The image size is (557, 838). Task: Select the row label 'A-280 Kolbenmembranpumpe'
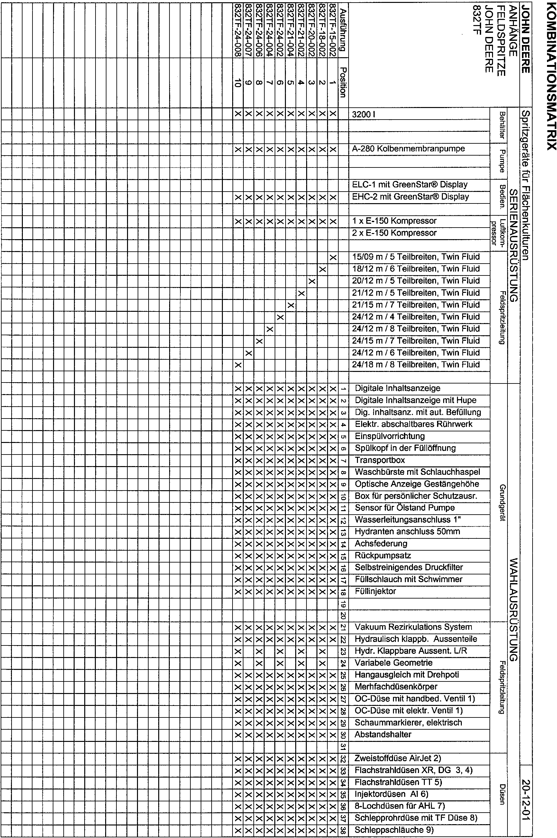tap(408, 149)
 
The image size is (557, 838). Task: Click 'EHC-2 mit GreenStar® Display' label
tap(410, 197)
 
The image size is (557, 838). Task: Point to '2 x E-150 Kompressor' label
tap(394, 233)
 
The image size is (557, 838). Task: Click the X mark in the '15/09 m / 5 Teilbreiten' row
tap(333, 257)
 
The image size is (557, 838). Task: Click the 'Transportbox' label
tap(380, 460)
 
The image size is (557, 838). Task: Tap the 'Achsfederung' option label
tap(381, 544)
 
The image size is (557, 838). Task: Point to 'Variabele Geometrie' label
tap(394, 662)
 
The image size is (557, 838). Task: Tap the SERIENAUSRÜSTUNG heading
tap(514, 245)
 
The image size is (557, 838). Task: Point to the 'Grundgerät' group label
tap(502, 502)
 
